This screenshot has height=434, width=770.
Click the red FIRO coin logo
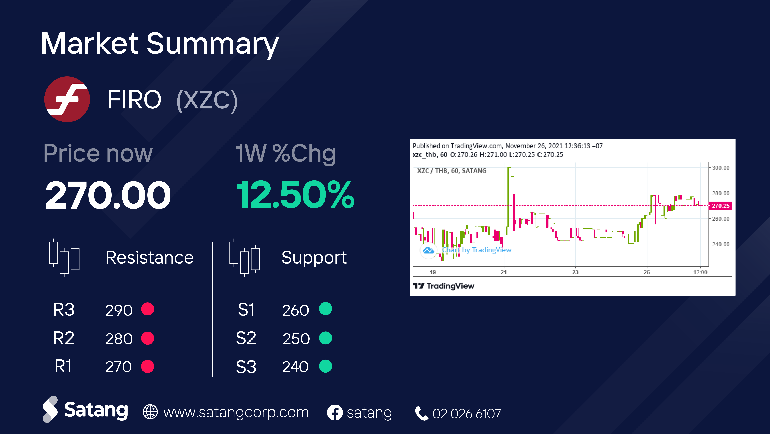pos(67,99)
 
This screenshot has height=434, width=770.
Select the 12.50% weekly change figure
pos(295,195)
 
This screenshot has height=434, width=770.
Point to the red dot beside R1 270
pos(148,366)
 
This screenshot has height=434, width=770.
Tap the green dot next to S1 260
pos(325,309)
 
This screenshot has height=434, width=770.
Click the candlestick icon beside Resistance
pos(64,257)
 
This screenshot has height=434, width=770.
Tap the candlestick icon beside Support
pos(245,257)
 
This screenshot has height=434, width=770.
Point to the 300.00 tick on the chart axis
pos(720,168)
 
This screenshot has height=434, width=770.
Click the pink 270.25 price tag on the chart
pos(720,206)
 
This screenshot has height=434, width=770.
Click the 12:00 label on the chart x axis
pos(700,272)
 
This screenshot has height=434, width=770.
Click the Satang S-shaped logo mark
pos(50,409)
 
